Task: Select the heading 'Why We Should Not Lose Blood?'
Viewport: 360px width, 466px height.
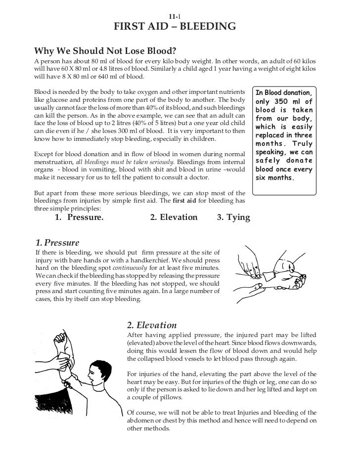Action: pyautogui.click(x=105, y=51)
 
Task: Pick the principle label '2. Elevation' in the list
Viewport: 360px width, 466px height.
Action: pyautogui.click(x=173, y=217)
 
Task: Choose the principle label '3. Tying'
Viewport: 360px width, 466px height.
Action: pyautogui.click(x=233, y=217)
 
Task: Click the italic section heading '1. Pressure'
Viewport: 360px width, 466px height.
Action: pyautogui.click(x=57, y=243)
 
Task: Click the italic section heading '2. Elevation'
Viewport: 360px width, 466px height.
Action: pyautogui.click(x=152, y=325)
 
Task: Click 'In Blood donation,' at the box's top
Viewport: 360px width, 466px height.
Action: pyautogui.click(x=283, y=93)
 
